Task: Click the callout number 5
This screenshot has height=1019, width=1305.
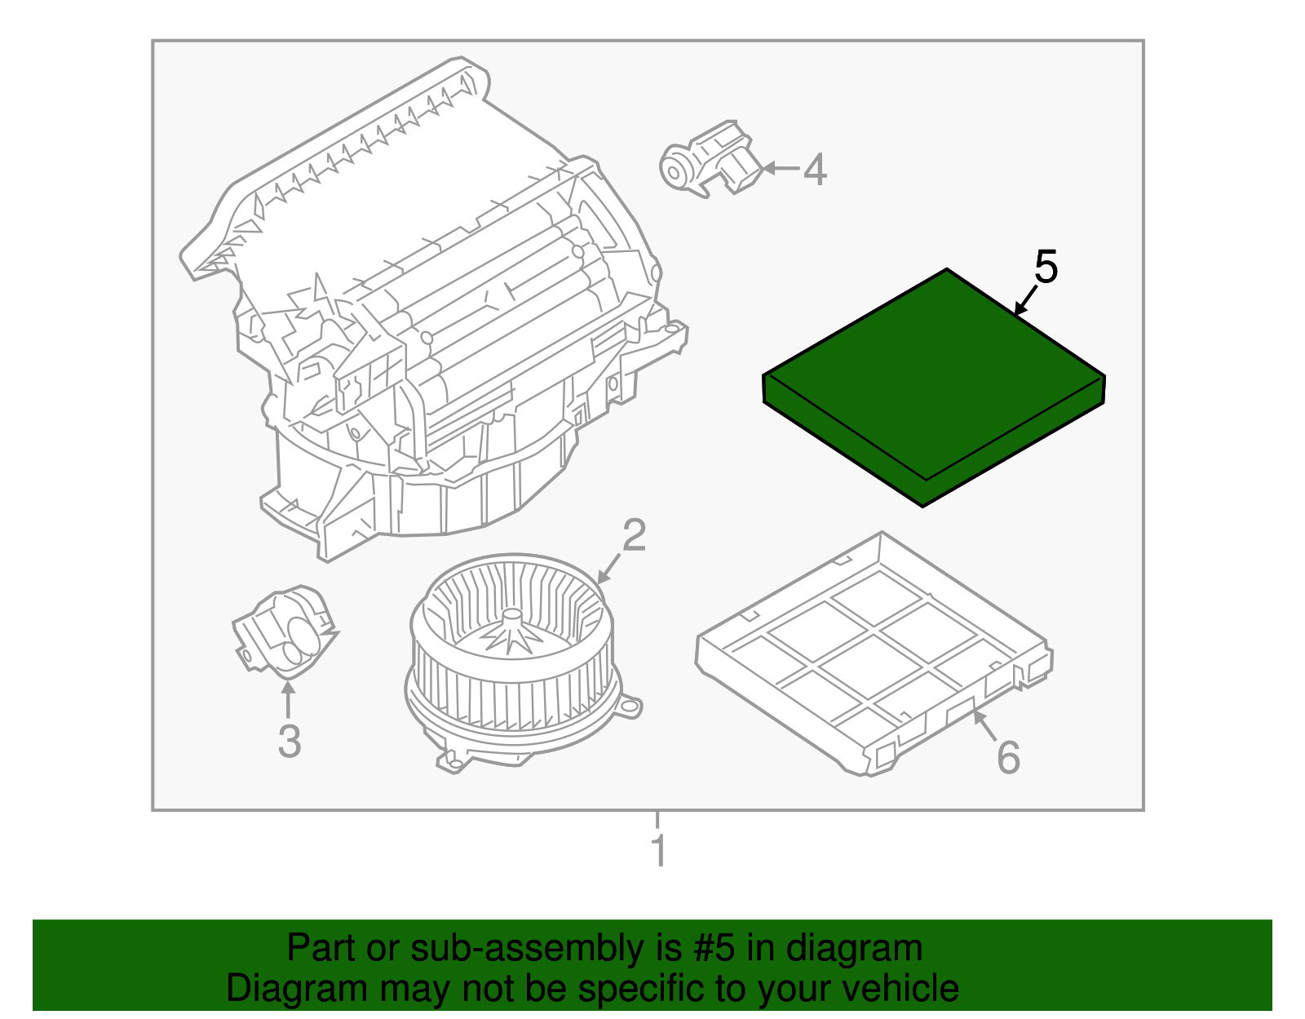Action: pos(1046,267)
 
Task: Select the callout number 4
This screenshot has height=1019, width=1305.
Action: pos(815,170)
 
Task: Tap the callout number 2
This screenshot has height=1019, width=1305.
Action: pos(634,535)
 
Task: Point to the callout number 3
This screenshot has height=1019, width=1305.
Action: pos(289,742)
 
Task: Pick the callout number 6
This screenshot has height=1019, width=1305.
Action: pos(1008,758)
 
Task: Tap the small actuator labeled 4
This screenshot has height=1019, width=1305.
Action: pos(710,162)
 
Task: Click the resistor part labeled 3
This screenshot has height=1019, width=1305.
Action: pos(283,632)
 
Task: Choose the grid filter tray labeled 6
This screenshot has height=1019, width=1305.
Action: pos(873,653)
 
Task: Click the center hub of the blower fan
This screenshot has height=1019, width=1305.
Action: pos(511,620)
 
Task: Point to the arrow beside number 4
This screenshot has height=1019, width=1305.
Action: pos(779,169)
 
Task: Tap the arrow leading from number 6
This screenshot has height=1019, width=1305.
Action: pos(984,725)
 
